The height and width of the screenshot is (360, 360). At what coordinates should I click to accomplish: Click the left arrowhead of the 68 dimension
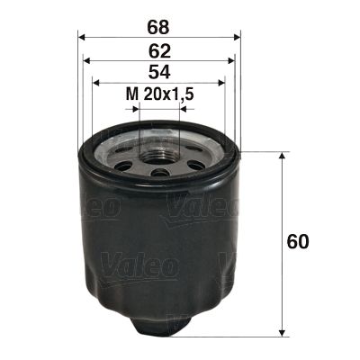[82, 39]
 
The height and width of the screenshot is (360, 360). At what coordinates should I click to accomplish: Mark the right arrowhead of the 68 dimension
[238, 39]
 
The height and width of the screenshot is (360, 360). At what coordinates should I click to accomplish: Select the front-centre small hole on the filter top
[159, 173]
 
